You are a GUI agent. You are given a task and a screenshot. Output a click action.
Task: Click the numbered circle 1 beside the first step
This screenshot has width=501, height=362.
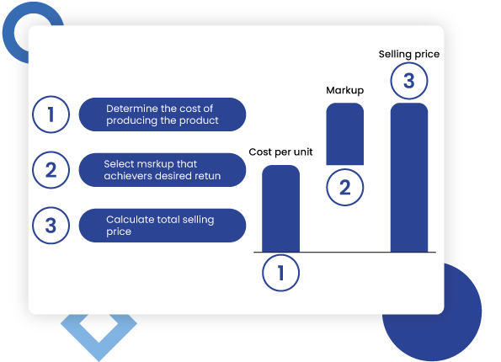click(51, 114)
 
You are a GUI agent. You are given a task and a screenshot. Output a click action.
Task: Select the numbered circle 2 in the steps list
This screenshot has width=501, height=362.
click(51, 171)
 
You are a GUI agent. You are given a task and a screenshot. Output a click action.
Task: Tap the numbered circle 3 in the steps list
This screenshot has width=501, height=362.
click(51, 226)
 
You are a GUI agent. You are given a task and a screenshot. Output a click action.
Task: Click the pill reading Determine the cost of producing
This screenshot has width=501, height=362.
click(162, 114)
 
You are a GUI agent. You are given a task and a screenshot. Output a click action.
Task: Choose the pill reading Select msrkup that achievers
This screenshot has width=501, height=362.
click(162, 171)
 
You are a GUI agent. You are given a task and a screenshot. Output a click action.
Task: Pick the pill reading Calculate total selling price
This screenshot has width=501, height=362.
click(162, 226)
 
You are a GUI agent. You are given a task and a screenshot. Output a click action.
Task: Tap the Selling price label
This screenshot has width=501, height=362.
click(408, 54)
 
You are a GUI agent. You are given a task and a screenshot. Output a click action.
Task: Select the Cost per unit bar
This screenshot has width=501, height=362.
click(280, 209)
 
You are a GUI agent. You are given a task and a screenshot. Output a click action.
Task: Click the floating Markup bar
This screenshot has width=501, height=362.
click(344, 133)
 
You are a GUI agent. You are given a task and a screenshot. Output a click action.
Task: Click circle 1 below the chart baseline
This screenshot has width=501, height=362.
click(280, 273)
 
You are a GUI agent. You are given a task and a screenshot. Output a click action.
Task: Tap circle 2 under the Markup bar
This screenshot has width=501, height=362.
click(344, 188)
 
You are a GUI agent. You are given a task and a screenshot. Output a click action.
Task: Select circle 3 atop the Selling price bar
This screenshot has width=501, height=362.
click(408, 83)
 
